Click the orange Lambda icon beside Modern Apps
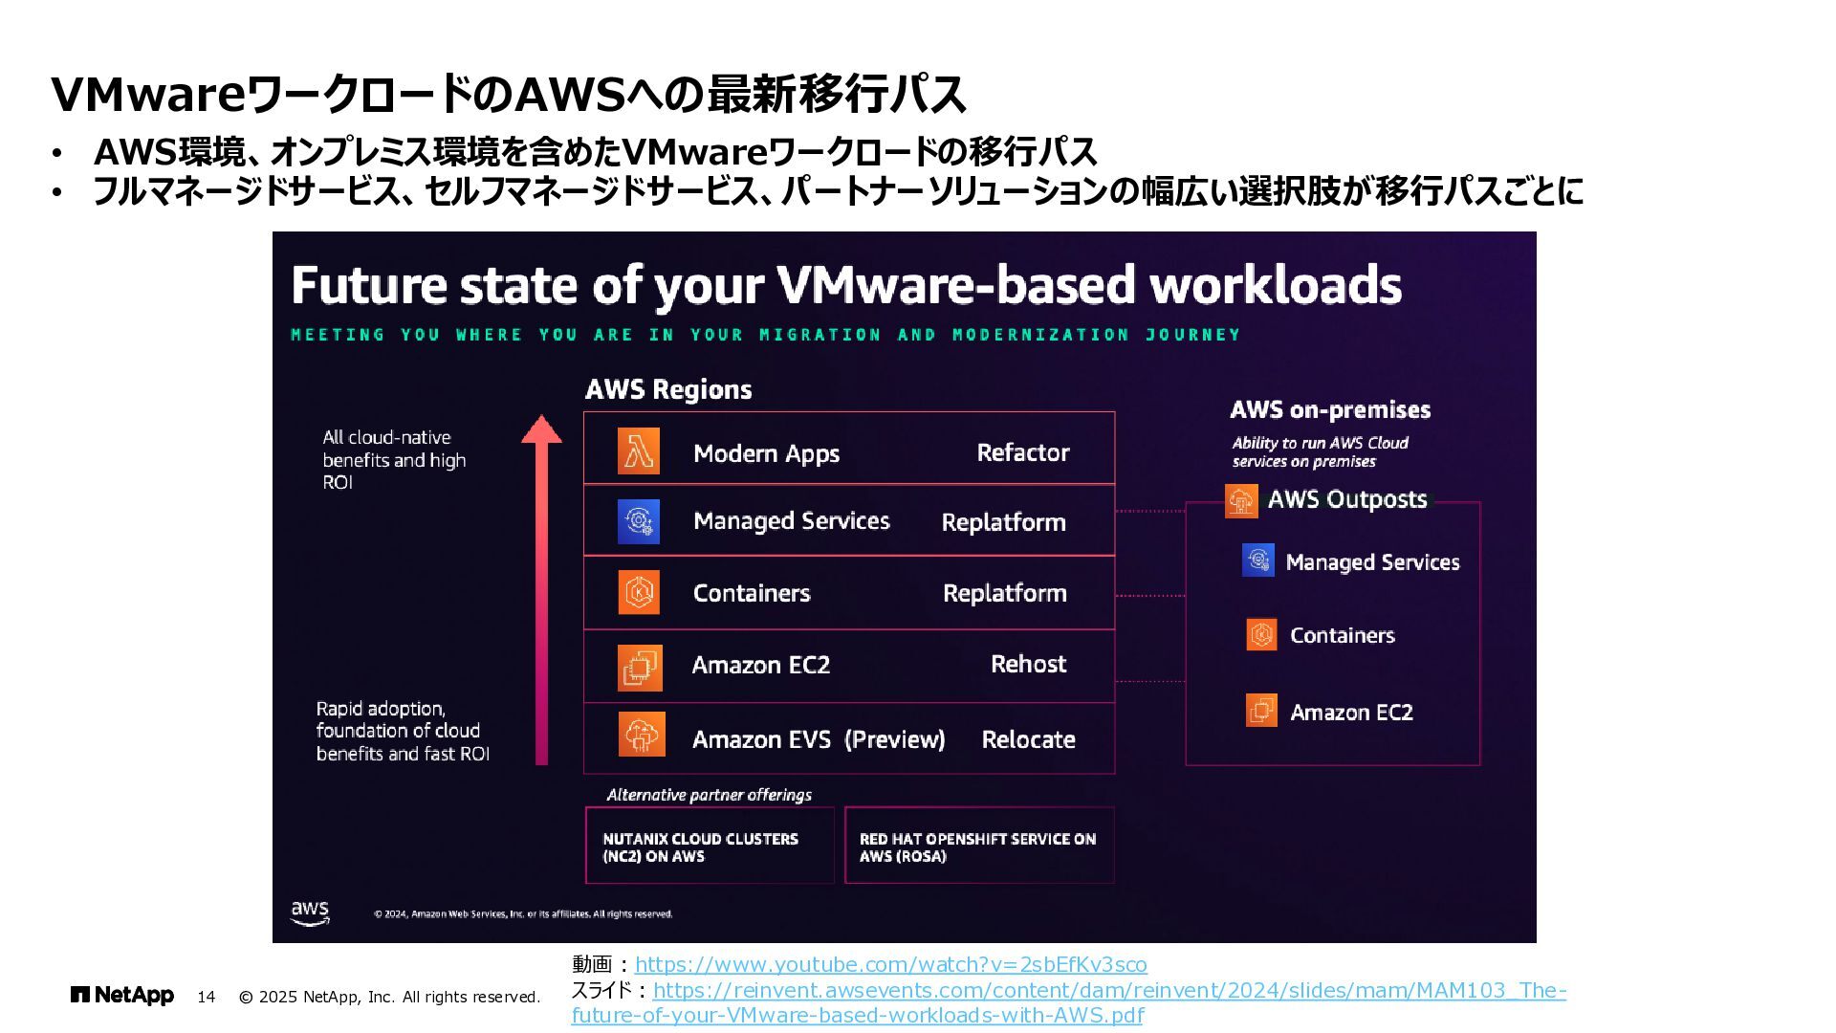[x=638, y=451]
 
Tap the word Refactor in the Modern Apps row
[x=1022, y=452]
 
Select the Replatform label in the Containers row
[x=1004, y=593]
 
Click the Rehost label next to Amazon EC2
[x=1028, y=664]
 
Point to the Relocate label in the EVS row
[x=1028, y=739]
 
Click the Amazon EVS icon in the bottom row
[x=641, y=735]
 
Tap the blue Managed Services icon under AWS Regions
[x=638, y=521]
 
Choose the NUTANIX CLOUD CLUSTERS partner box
[x=710, y=846]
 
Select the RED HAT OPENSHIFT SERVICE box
[x=979, y=846]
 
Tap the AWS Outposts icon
[x=1241, y=500]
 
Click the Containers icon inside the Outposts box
[x=1261, y=634]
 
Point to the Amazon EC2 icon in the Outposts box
[x=1261, y=711]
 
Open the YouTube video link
[x=890, y=964]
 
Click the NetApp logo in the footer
[x=122, y=996]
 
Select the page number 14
[x=206, y=997]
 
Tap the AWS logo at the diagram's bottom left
[x=310, y=912]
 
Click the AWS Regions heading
[x=668, y=389]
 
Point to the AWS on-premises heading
[x=1330, y=410]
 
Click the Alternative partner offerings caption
[x=709, y=795]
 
